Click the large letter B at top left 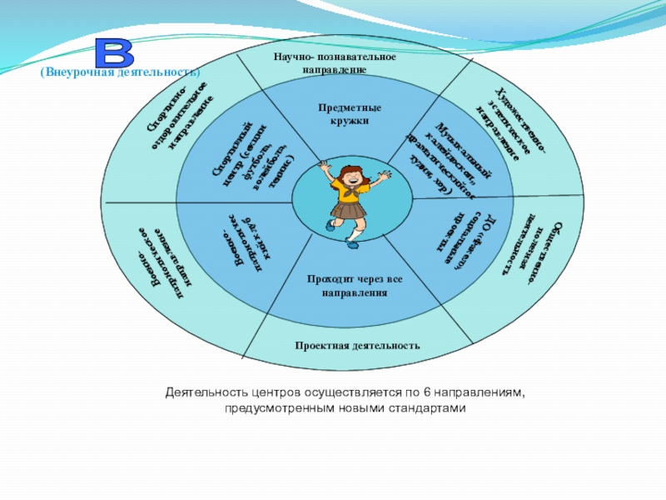[115, 52]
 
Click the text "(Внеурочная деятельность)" [121, 73]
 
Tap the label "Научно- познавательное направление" [335, 63]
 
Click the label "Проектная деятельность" [357, 345]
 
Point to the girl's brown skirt [347, 208]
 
